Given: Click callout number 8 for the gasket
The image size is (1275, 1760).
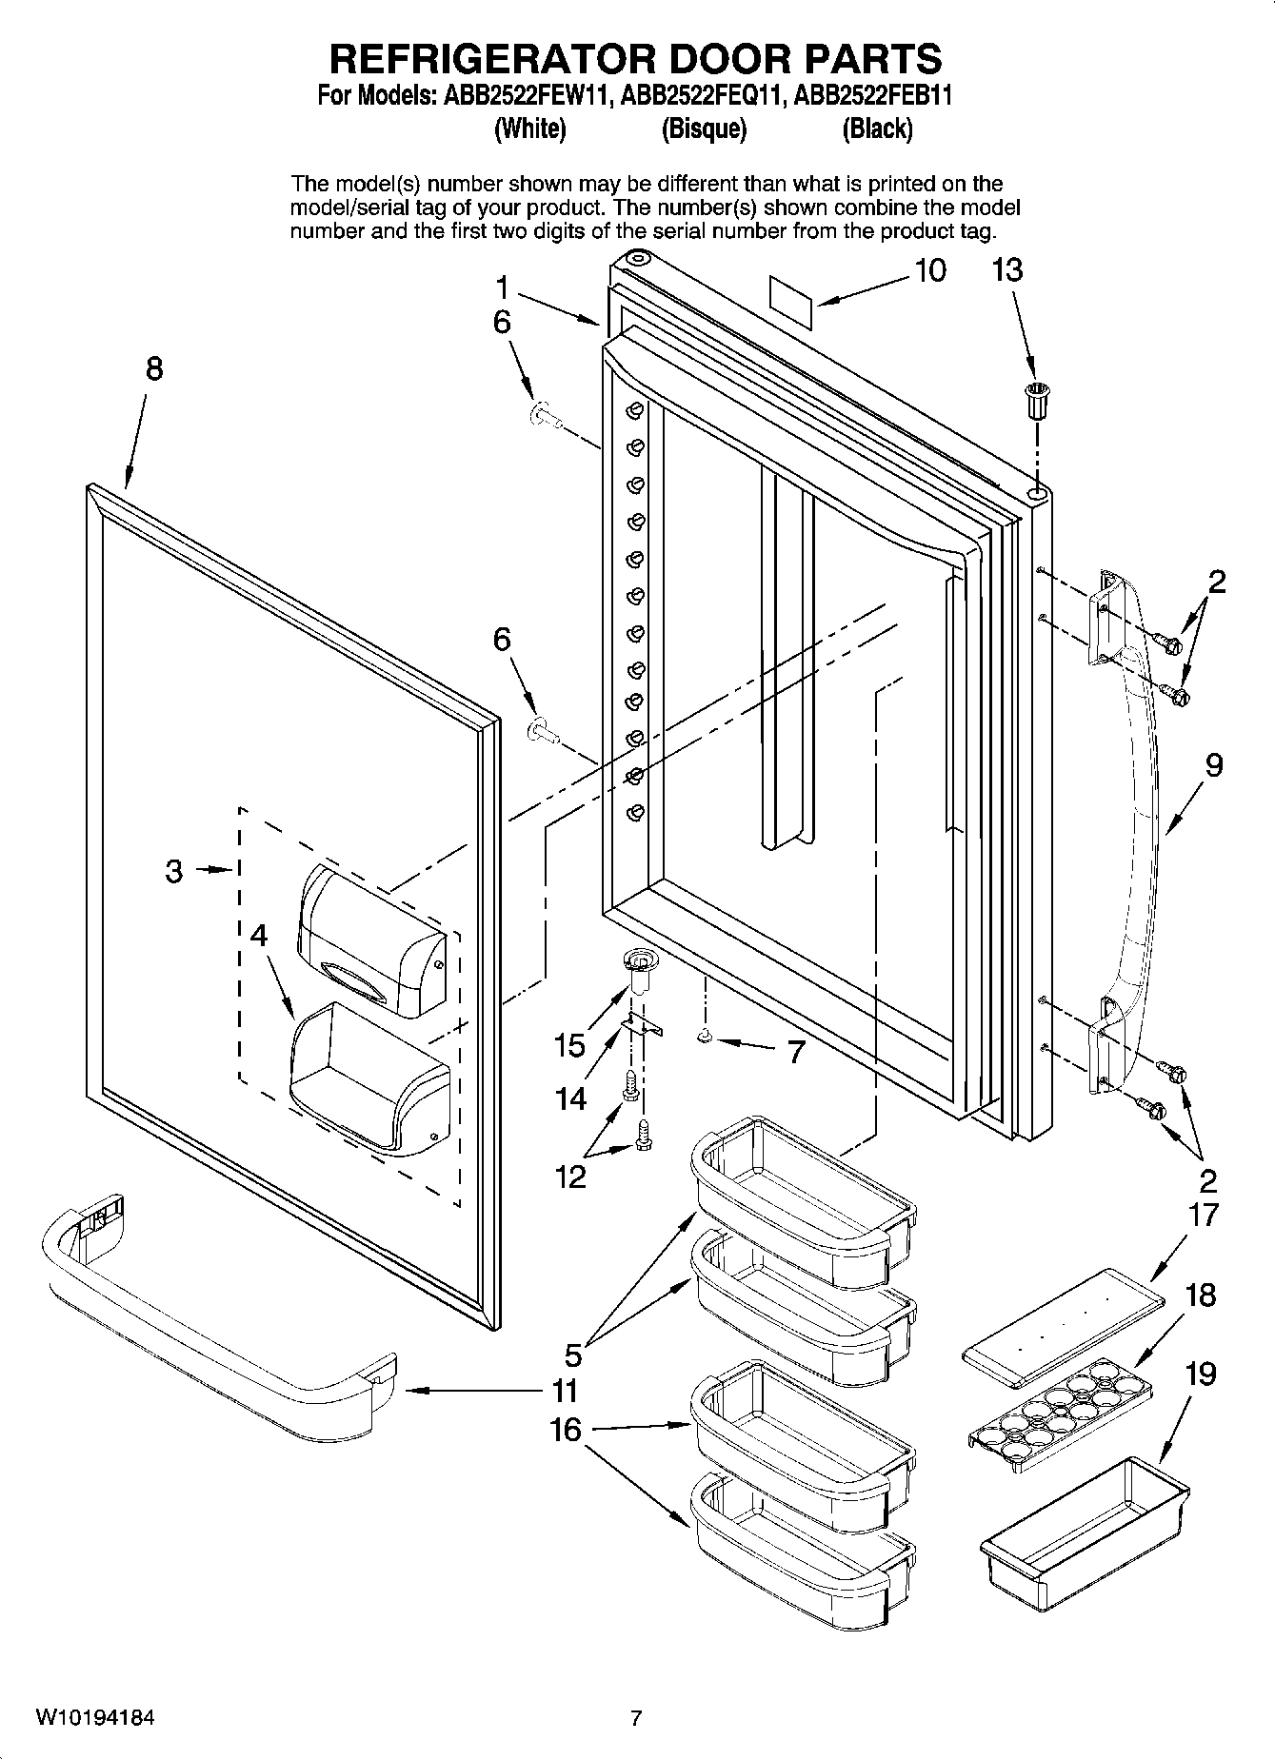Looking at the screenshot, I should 154,369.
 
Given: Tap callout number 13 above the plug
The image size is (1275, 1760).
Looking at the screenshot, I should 1006,270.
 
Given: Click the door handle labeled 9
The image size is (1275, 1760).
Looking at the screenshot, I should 1138,819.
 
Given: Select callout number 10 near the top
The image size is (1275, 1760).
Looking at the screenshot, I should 930,270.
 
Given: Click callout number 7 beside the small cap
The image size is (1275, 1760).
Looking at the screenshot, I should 796,1052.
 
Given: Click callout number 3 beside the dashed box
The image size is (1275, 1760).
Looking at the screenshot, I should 173,870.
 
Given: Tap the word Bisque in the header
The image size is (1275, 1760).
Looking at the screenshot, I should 704,129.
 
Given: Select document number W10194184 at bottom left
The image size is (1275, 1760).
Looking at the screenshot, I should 95,1719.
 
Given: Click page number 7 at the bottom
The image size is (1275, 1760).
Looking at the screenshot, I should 636,1719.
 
